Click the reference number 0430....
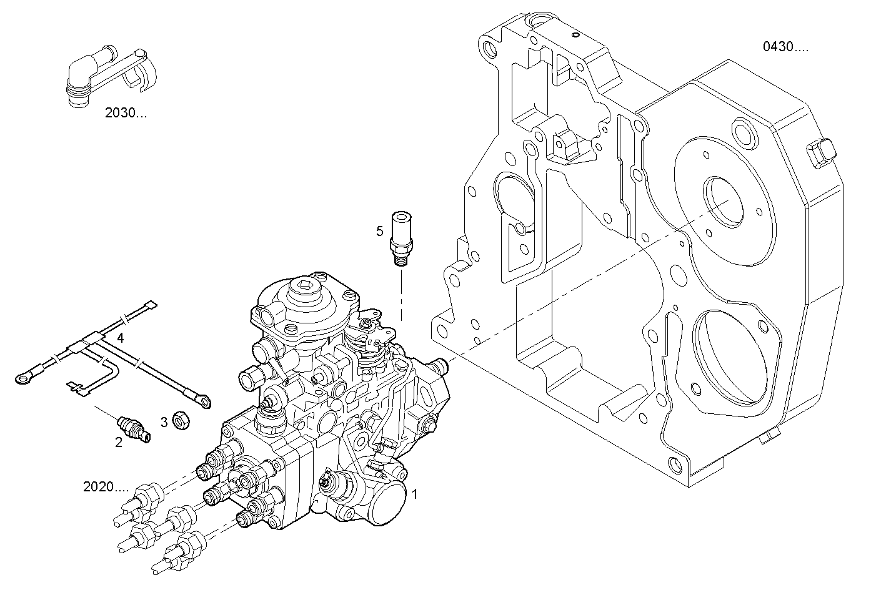click(x=785, y=47)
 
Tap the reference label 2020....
click(x=106, y=486)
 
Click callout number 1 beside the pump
click(x=414, y=493)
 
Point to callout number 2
click(x=118, y=443)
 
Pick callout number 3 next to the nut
click(x=164, y=423)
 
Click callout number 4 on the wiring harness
click(x=120, y=338)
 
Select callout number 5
click(x=379, y=232)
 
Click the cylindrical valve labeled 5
click(x=399, y=238)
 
